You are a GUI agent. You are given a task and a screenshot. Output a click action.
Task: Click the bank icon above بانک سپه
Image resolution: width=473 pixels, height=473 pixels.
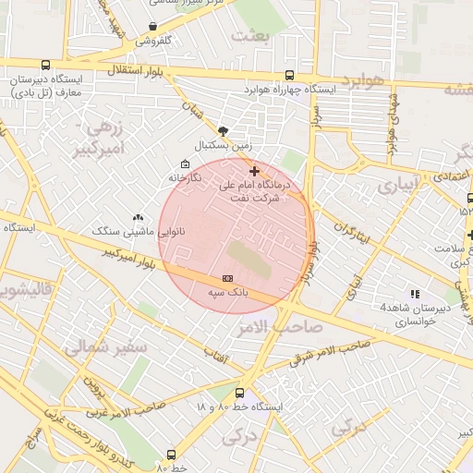click(x=227, y=278)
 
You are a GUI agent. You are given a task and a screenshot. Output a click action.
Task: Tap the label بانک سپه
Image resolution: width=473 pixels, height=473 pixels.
click(x=226, y=292)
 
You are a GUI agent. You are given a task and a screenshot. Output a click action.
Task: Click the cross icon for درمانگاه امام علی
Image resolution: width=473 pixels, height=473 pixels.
click(x=254, y=171)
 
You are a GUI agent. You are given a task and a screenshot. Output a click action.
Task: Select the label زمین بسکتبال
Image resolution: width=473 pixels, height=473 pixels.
click(x=221, y=145)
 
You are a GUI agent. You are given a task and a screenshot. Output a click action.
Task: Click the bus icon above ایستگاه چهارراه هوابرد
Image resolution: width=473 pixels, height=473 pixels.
click(x=289, y=76)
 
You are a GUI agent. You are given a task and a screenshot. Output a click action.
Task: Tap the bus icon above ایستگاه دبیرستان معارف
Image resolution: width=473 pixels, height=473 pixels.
click(x=45, y=65)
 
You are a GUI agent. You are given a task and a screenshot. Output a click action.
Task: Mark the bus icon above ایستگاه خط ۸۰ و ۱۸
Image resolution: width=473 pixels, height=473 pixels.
click(x=240, y=393)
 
